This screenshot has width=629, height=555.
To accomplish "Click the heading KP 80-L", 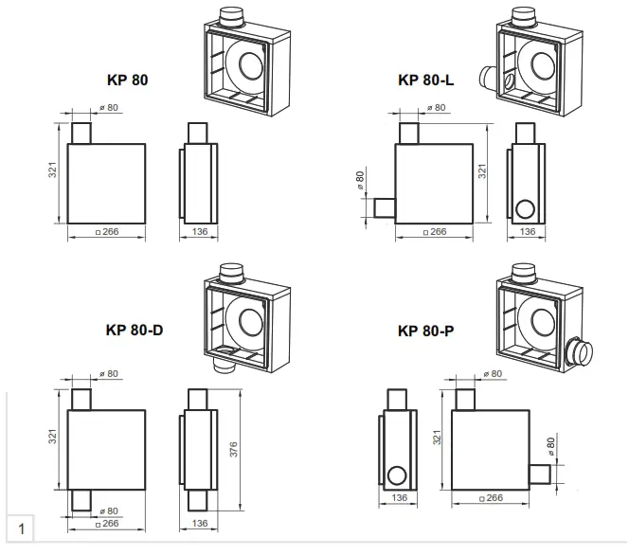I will click(426, 81).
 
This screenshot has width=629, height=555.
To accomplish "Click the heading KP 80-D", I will click(135, 331).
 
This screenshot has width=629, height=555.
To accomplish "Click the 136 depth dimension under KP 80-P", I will click(399, 497).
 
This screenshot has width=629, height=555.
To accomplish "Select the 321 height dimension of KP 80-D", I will click(54, 437).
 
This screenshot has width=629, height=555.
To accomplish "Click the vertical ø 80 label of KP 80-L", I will click(360, 180).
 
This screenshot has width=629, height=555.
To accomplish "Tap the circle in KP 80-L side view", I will click(526, 208).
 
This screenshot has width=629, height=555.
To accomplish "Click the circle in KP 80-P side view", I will click(399, 474).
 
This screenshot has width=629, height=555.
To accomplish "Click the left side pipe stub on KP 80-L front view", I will click(384, 207).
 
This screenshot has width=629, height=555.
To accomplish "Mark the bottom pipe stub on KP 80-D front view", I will click(81, 500).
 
